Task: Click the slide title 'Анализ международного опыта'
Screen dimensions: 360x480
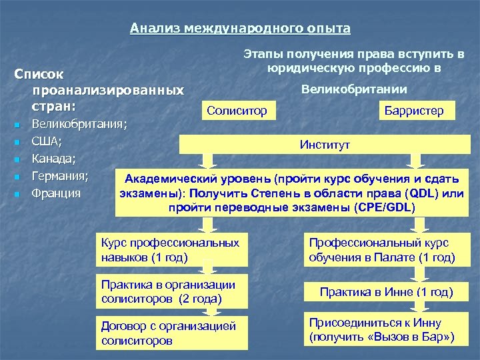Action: [240, 28]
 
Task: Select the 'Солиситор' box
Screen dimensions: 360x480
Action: [237, 110]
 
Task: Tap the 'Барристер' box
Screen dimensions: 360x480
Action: [413, 111]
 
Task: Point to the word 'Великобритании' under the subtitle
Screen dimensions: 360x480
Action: [354, 89]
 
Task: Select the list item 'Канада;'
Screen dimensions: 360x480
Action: [54, 159]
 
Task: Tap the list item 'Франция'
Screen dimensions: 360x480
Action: [57, 194]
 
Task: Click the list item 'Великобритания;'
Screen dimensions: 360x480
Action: [80, 123]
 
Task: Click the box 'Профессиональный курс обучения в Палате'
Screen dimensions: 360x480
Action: [382, 249]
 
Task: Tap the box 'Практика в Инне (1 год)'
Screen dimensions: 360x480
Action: [386, 291]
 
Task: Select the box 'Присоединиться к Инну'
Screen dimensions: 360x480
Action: [382, 329]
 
